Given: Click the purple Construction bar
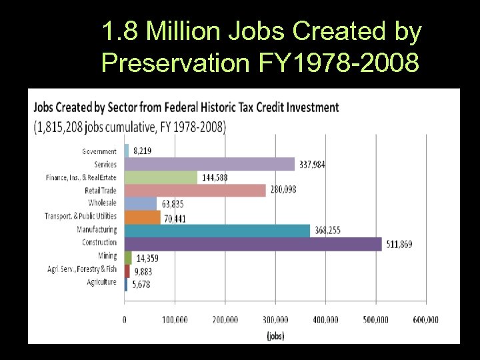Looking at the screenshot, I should coord(253,244).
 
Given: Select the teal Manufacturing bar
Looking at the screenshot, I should coord(217,231).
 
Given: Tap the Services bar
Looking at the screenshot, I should coord(209,164).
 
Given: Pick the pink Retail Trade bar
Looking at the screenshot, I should coord(195,191).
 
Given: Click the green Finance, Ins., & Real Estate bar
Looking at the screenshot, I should coord(161,177).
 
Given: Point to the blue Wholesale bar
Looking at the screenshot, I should coord(141,203).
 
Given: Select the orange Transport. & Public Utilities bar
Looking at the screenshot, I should coord(143,217).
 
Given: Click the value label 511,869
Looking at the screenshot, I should coord(398,245).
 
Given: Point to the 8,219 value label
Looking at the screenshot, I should coord(143,151).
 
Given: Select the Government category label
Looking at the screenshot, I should coord(99,151).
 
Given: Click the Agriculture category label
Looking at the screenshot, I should coord(101,282).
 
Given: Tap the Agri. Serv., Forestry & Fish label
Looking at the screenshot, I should coord(82,269).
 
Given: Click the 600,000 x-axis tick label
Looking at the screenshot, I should coord(425,320).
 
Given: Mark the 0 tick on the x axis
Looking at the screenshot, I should coord(125,320).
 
